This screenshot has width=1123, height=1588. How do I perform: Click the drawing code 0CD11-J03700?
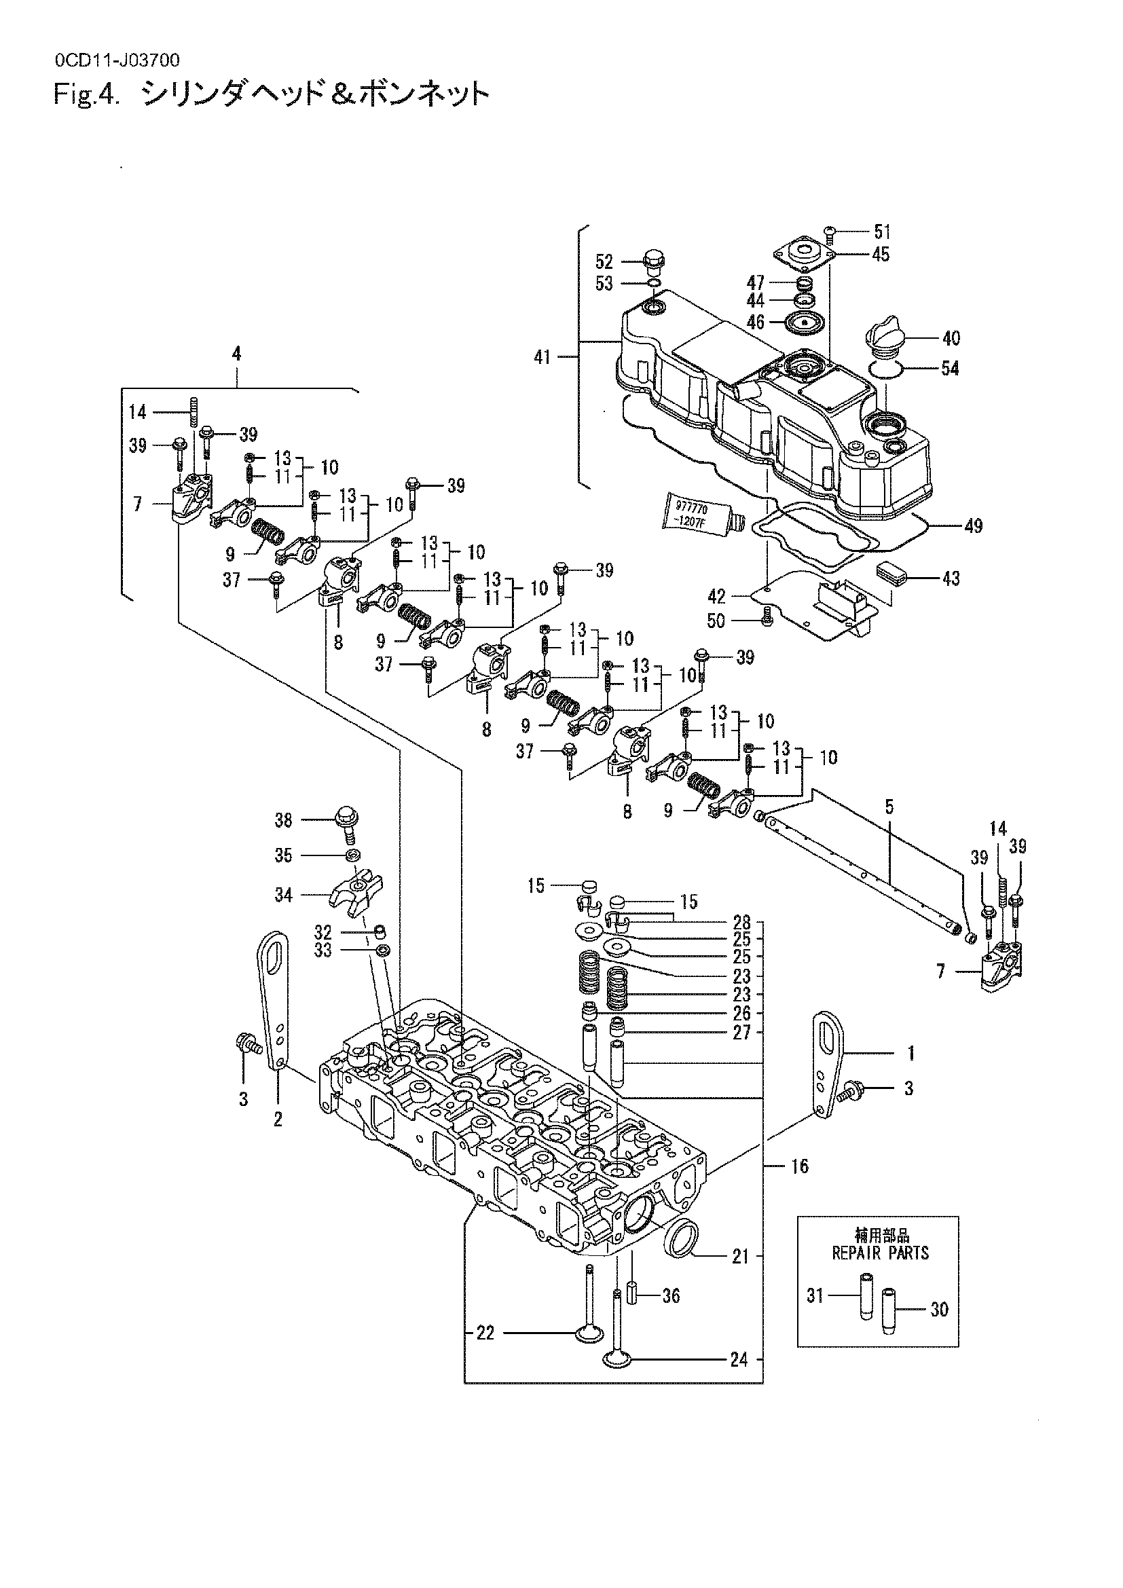(117, 61)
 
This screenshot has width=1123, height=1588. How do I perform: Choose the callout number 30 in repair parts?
(939, 1309)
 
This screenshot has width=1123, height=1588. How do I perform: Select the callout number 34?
(284, 895)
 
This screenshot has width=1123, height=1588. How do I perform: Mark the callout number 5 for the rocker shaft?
(889, 806)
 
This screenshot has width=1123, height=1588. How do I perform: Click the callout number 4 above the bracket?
(236, 354)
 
